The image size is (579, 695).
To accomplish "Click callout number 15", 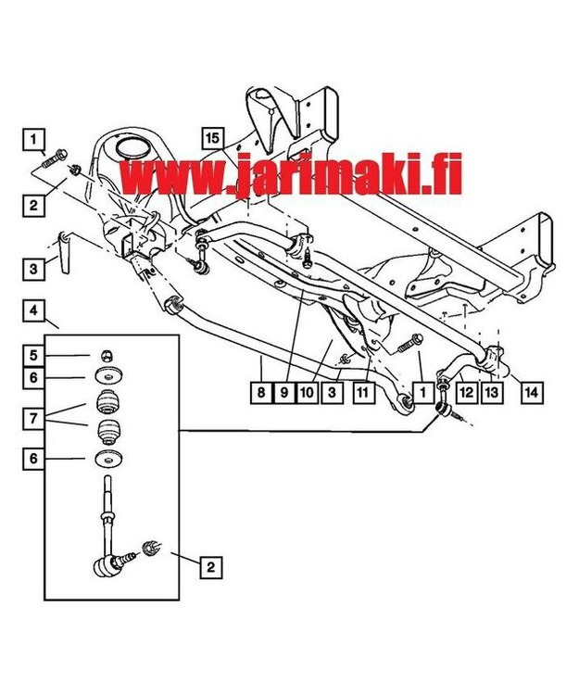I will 213,138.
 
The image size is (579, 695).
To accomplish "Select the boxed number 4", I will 33,311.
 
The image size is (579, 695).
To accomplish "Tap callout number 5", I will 33,355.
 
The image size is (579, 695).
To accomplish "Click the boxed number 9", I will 284,393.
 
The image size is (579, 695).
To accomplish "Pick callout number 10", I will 307,393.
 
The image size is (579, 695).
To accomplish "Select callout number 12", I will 466,393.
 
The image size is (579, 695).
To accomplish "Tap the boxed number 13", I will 491,393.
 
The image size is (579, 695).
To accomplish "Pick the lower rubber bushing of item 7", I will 109,434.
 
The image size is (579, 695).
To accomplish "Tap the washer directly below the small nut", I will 108,377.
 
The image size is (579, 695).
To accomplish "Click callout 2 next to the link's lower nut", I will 212,565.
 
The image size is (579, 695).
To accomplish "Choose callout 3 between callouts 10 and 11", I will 331,393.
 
